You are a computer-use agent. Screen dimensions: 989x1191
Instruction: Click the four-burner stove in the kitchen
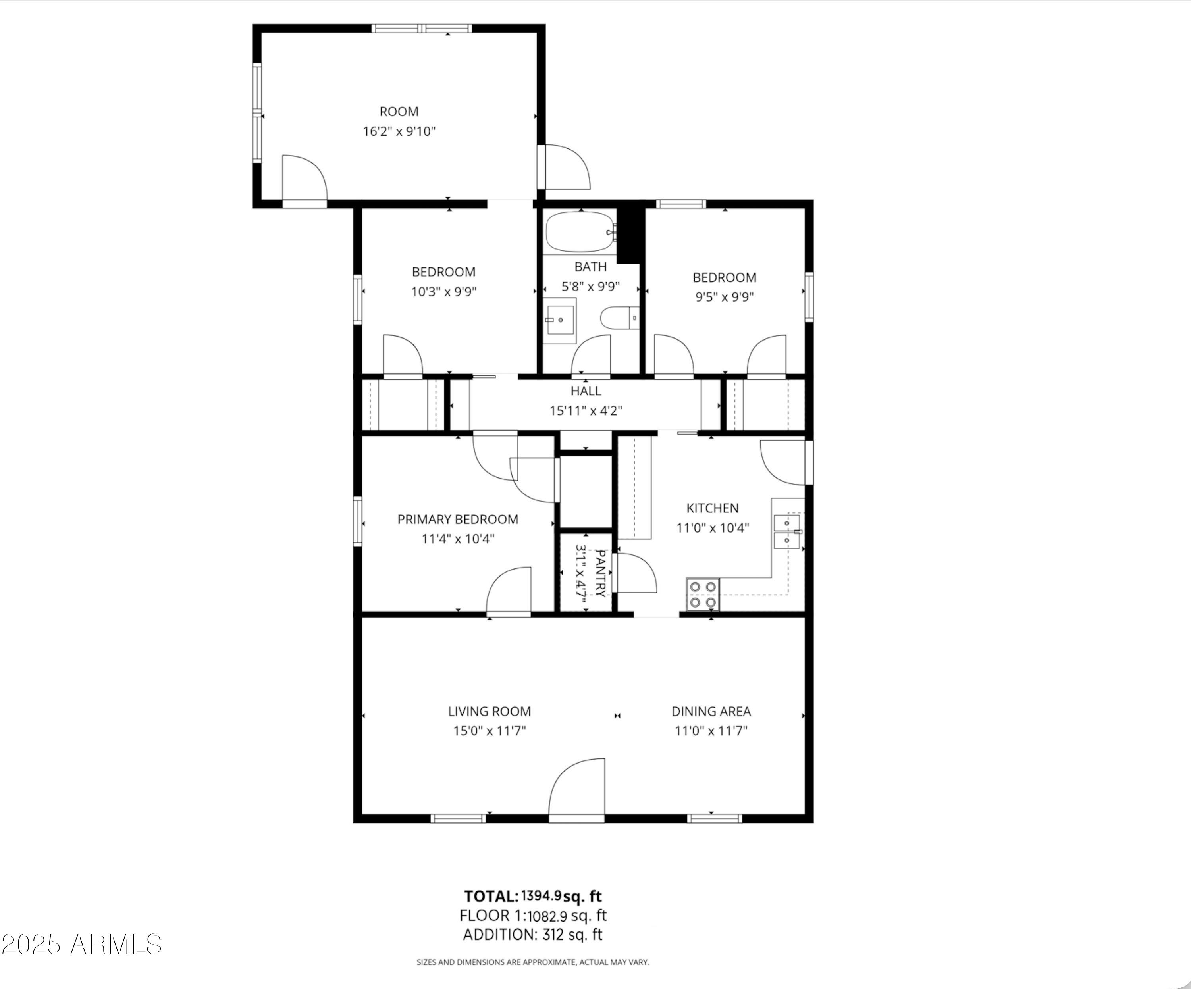pyautogui.click(x=703, y=594)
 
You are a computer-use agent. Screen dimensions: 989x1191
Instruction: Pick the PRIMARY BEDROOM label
pyautogui.click(x=458, y=520)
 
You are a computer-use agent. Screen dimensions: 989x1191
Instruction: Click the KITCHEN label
pyautogui.click(x=712, y=508)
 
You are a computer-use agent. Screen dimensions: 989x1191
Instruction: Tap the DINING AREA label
pyautogui.click(x=711, y=711)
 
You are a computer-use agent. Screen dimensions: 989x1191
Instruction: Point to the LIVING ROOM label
pyautogui.click(x=490, y=711)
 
